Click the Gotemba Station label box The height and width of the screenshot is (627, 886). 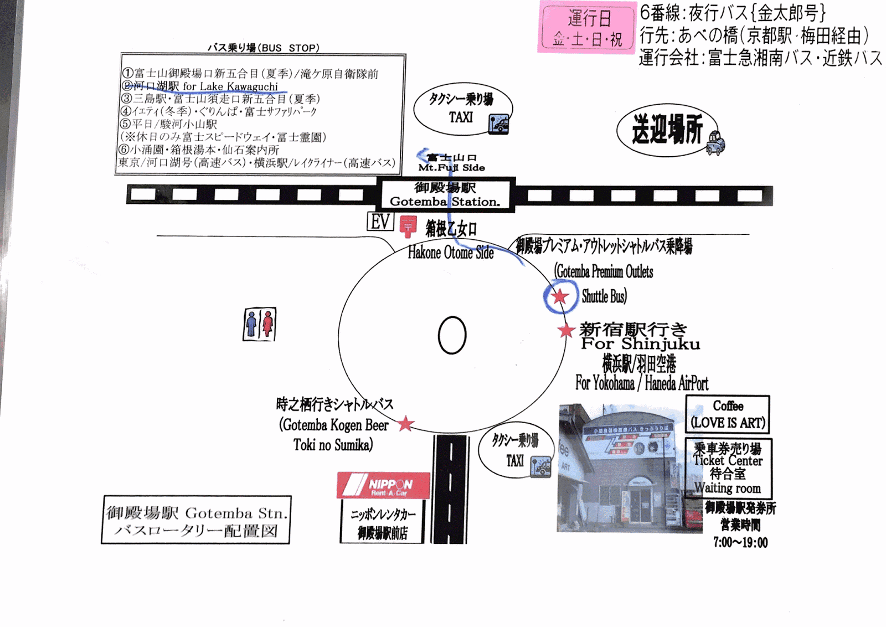[x=445, y=194]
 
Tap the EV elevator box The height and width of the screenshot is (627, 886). [x=380, y=222]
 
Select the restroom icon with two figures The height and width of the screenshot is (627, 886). [x=259, y=324]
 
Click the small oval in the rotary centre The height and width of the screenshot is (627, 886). [x=452, y=335]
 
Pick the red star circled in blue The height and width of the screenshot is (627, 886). [x=560, y=296]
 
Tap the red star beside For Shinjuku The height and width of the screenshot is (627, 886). [x=565, y=331]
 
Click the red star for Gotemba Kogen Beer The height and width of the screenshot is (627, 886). [x=406, y=424]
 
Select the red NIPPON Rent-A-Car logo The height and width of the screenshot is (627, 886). [x=383, y=486]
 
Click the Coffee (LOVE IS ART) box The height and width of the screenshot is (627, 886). [x=728, y=414]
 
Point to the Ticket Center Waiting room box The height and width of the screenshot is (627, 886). [x=728, y=468]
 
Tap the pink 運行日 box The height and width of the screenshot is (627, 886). [x=587, y=27]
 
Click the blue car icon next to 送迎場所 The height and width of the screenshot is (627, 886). [x=715, y=143]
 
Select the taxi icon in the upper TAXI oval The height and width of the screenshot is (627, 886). [x=498, y=124]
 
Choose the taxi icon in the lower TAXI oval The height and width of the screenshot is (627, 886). [x=540, y=466]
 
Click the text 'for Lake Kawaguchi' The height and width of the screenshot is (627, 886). [x=230, y=86]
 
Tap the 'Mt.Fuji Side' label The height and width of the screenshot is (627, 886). [x=451, y=168]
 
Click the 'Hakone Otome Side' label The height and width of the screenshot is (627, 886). [x=451, y=253]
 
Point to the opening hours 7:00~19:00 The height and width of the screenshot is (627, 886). [x=740, y=543]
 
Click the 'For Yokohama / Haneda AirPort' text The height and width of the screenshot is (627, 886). [x=642, y=383]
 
